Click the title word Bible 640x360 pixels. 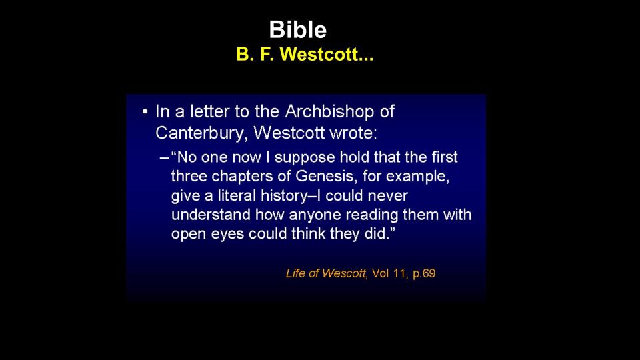tap(297, 30)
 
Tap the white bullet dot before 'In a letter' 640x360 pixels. tap(145, 111)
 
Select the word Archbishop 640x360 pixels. tap(329, 111)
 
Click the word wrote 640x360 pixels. tap(353, 133)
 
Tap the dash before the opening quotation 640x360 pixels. tap(164, 157)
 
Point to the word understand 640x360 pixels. tap(211, 215)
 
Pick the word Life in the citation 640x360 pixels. tap(295, 273)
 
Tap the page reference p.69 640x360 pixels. tap(424, 273)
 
